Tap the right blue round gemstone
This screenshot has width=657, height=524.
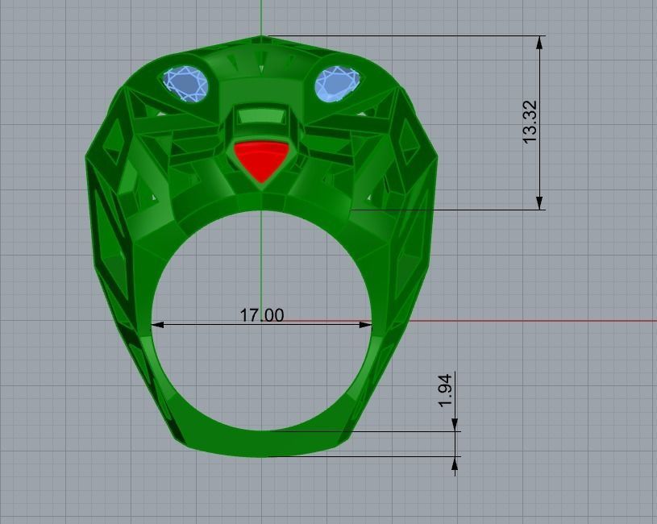[337, 83]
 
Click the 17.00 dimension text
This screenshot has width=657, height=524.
[262, 315]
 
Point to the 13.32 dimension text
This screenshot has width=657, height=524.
[530, 123]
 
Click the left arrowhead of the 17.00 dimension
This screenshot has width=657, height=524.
[157, 325]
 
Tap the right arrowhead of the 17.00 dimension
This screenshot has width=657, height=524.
[366, 325]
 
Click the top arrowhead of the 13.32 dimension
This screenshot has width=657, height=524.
[539, 42]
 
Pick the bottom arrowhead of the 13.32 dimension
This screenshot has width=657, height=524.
[539, 203]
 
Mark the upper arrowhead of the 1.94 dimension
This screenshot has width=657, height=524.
[455, 425]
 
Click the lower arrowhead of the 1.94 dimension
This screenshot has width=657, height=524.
[455, 463]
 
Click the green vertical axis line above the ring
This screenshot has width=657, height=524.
[262, 16]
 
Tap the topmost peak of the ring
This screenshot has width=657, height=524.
[262, 36]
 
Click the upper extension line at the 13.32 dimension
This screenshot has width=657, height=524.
[403, 35]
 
